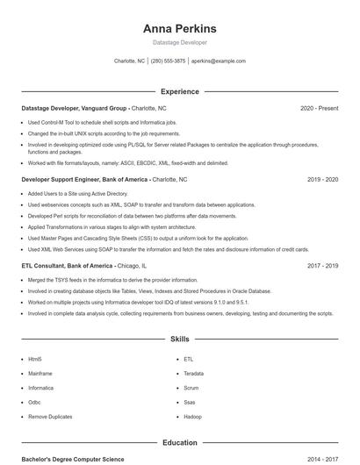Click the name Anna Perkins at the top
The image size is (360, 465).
coord(180,28)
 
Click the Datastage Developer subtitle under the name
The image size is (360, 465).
coord(180,42)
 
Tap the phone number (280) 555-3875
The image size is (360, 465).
coord(169,61)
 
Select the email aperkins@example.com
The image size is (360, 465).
coord(219,61)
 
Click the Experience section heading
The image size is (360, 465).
coord(180,91)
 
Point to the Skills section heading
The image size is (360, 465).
coord(180,338)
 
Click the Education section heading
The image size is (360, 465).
coord(180,443)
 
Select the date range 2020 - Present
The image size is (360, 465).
coord(319,108)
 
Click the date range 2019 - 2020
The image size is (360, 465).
coord(322,179)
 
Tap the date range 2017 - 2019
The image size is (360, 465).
coord(322,265)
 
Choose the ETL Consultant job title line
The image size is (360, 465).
coord(83,265)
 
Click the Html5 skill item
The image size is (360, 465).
coord(35,359)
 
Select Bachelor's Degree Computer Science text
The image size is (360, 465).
coord(72,459)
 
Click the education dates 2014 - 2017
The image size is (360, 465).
coord(322,459)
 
